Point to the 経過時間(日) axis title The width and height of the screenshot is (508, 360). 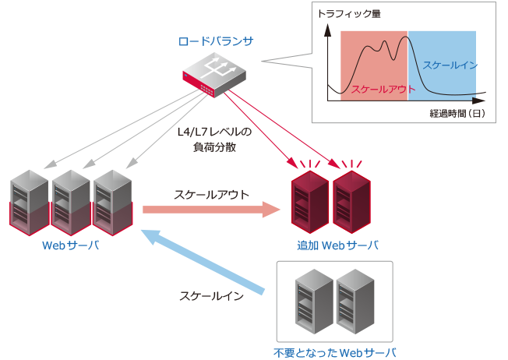click(457, 114)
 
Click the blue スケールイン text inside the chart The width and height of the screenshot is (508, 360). click(450, 65)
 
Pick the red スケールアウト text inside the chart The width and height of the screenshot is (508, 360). click(378, 90)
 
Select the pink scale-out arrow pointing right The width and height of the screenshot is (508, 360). click(211, 209)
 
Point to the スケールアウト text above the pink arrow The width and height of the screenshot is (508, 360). click(211, 192)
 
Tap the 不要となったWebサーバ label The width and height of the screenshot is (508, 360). click(335, 351)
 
